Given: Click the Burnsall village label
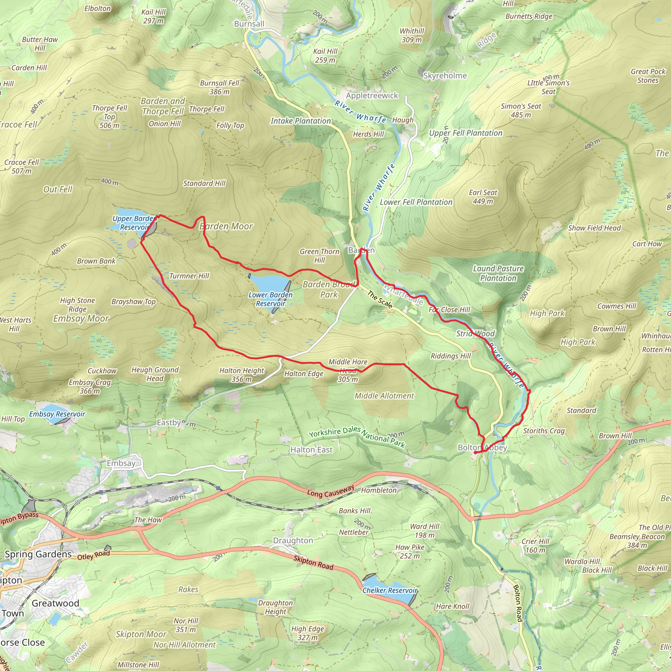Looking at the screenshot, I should pos(249,24).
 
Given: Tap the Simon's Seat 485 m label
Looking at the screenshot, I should pos(521,110).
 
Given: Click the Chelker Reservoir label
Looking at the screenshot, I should pos(389,590).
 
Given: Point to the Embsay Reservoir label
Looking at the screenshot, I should pos(57,414).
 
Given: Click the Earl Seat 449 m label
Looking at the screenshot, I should pos(483,197).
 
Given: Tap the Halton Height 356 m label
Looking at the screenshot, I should pos(241,375).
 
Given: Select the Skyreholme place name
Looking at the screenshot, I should pos(445,76).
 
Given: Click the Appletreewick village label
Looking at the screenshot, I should pos(372,96).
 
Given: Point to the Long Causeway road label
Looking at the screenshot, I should pos(330,491).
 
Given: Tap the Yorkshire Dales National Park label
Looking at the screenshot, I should pos(357,436).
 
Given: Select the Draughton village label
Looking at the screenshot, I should pos(293,540).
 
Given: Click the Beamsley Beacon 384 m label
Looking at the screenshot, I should pos(637,541).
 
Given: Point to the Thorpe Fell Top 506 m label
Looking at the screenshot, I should pos(109,117).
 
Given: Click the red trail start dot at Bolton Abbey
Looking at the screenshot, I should pos(475,452).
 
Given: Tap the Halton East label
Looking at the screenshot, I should pos(311,450).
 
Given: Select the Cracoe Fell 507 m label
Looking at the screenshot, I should pos(22,166).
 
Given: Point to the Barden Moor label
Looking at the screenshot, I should pos(226,226).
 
